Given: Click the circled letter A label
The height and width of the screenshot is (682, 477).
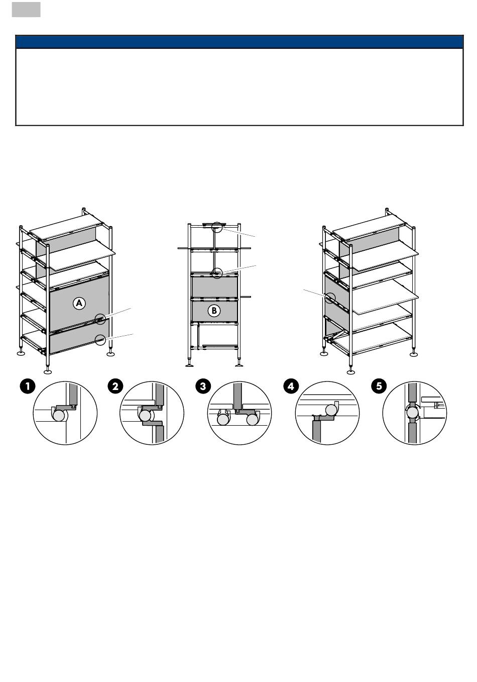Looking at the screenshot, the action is [x=79, y=303].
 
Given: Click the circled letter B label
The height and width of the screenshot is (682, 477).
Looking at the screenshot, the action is [x=214, y=311].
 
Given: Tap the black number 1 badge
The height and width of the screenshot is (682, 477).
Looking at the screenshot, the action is [x=28, y=386].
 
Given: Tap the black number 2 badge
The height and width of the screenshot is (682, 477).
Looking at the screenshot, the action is [x=115, y=386].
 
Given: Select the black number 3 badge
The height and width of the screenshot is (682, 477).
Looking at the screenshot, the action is [x=203, y=386].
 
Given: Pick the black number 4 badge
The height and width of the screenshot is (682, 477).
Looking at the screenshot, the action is [x=291, y=386].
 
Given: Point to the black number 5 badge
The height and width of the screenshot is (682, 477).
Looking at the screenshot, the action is [x=379, y=386].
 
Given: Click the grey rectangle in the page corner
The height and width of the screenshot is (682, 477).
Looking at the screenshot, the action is [x=26, y=10].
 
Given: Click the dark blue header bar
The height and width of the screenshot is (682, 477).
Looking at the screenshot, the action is [x=240, y=42].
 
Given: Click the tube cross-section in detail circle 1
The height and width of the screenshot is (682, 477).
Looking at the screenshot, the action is [x=59, y=415].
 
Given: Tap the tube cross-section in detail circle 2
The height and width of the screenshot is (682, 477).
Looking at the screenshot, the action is [x=146, y=416].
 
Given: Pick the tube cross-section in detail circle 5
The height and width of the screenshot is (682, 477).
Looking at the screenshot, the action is [x=413, y=413].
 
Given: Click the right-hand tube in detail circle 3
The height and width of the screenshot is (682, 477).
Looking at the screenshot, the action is [x=252, y=420].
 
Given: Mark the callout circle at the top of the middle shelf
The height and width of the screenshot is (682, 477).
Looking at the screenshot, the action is [x=217, y=227].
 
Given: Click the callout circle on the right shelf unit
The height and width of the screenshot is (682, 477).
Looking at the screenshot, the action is [x=330, y=298].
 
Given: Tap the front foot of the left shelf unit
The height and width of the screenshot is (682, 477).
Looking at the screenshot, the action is [x=48, y=371].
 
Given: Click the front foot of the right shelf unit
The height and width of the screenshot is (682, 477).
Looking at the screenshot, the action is [x=351, y=371].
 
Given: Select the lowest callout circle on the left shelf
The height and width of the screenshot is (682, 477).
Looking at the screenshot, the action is [x=100, y=340].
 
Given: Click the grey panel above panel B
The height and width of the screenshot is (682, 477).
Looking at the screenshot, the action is [x=214, y=286].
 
